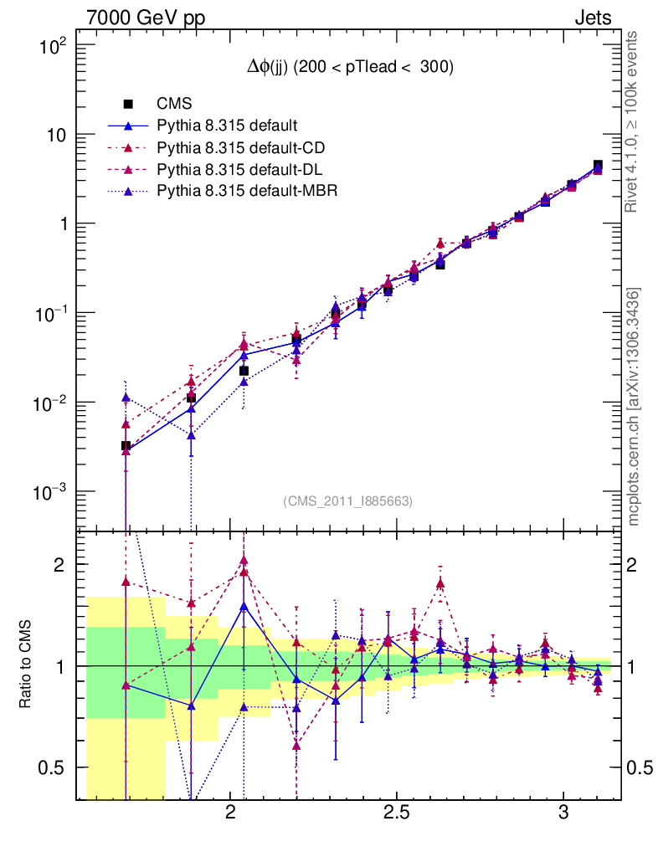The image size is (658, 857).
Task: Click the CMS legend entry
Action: pyautogui.click(x=175, y=104)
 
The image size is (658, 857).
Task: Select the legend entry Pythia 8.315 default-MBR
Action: pyautogui.click(x=247, y=191)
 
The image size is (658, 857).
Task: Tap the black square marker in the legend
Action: pyautogui.click(x=128, y=104)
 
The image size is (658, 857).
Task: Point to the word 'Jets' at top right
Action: pyautogui.click(x=593, y=18)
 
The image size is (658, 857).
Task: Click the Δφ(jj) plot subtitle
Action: pyautogui.click(x=350, y=69)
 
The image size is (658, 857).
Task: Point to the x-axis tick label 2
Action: pyautogui.click(x=230, y=814)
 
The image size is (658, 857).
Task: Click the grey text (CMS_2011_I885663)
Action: pyautogui.click(x=348, y=500)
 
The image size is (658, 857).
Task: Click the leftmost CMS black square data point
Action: pyautogui.click(x=126, y=446)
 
